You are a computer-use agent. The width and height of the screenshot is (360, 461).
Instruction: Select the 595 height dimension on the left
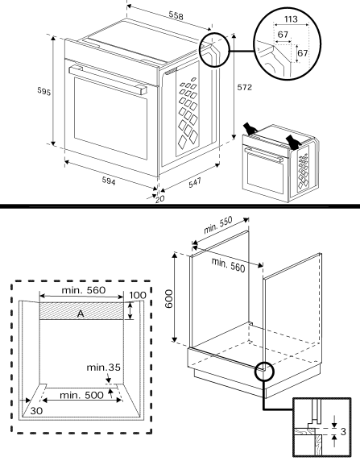[x=45, y=93]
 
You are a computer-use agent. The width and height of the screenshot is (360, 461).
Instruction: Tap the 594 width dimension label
[x=109, y=182]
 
